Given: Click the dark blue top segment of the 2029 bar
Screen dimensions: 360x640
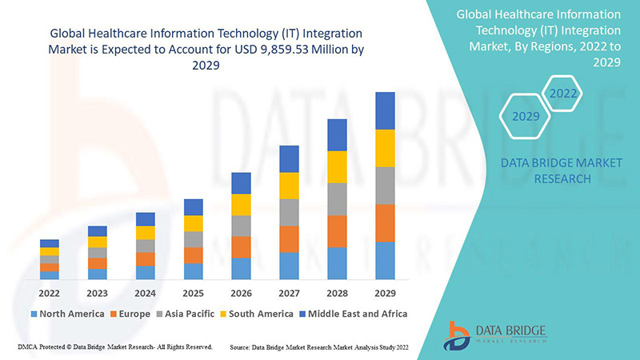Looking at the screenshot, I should pyautogui.click(x=386, y=110).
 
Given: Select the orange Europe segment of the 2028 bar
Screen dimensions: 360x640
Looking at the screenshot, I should pyautogui.click(x=338, y=231).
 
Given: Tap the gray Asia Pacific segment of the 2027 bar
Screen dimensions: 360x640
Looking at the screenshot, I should pyautogui.click(x=290, y=212).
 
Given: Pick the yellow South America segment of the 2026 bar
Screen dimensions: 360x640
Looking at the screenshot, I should pyautogui.click(x=242, y=205).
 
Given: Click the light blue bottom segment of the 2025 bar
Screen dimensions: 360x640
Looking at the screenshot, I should pyautogui.click(x=194, y=271).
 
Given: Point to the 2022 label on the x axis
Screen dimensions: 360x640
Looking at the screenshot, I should pyautogui.click(x=50, y=292).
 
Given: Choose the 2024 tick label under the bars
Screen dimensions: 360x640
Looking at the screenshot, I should pyautogui.click(x=146, y=292).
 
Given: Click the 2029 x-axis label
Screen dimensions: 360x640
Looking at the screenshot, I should pyautogui.click(x=386, y=292).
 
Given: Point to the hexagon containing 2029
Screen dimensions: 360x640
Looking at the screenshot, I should pyautogui.click(x=526, y=117).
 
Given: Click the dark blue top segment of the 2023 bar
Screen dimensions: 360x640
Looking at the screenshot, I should pyautogui.click(x=98, y=231).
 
